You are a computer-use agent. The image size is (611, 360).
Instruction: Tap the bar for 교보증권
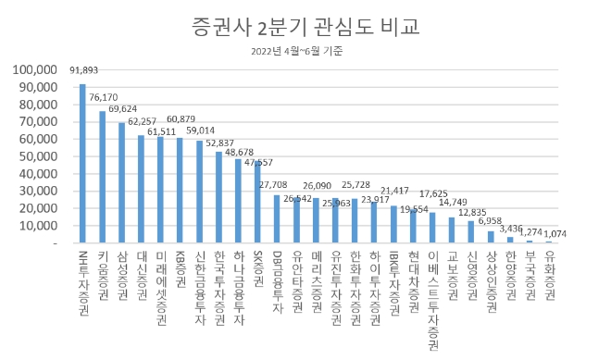tap(452, 230)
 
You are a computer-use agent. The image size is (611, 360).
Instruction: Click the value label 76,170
tap(103, 97)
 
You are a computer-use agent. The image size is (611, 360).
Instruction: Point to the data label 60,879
tap(181, 118)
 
